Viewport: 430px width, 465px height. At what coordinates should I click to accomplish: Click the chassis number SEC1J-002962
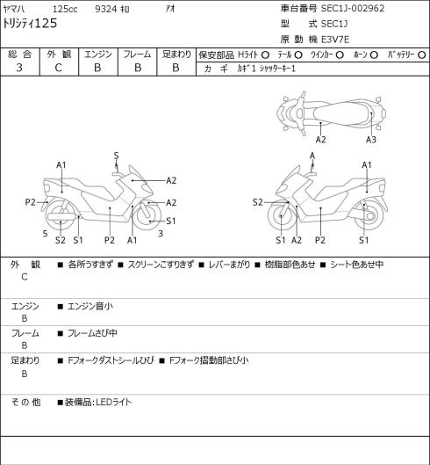(353, 8)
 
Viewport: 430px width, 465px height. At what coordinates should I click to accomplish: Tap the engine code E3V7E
(335, 40)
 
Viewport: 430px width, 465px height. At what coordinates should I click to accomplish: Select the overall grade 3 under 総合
(19, 68)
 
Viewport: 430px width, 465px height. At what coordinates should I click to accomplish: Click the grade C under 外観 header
(58, 68)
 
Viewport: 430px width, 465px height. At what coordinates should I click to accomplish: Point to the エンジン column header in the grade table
(98, 54)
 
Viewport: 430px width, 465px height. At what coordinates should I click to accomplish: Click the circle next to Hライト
(265, 54)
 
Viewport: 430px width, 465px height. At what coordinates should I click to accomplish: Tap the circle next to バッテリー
(422, 54)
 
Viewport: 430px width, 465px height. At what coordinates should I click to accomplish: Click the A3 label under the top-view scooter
(371, 140)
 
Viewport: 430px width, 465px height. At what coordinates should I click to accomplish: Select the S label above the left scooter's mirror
(116, 156)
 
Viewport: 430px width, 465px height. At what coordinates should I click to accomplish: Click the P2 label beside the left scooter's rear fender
(30, 202)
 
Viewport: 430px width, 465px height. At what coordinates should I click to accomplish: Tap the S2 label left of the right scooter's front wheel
(258, 202)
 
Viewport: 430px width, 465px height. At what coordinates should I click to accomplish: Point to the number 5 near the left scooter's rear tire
(45, 234)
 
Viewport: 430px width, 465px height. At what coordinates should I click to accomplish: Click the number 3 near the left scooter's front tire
(161, 234)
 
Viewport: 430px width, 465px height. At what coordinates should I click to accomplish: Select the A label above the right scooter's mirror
(312, 156)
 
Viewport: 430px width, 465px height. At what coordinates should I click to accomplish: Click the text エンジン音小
(90, 306)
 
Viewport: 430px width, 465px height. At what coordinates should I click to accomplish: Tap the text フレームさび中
(92, 333)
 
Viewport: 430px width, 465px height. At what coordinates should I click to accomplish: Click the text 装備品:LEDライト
(98, 402)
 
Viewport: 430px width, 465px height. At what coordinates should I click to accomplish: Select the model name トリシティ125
(30, 24)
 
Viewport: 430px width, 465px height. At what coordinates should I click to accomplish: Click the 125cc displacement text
(65, 9)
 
